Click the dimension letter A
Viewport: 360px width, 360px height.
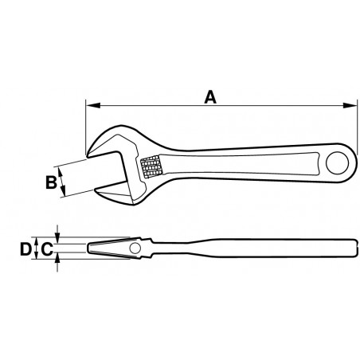click(209, 97)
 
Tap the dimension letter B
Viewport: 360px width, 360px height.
click(49, 182)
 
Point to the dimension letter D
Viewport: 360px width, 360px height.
click(25, 249)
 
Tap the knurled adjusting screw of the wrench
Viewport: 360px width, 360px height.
click(151, 168)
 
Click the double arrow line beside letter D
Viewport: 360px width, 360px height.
click(34, 249)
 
